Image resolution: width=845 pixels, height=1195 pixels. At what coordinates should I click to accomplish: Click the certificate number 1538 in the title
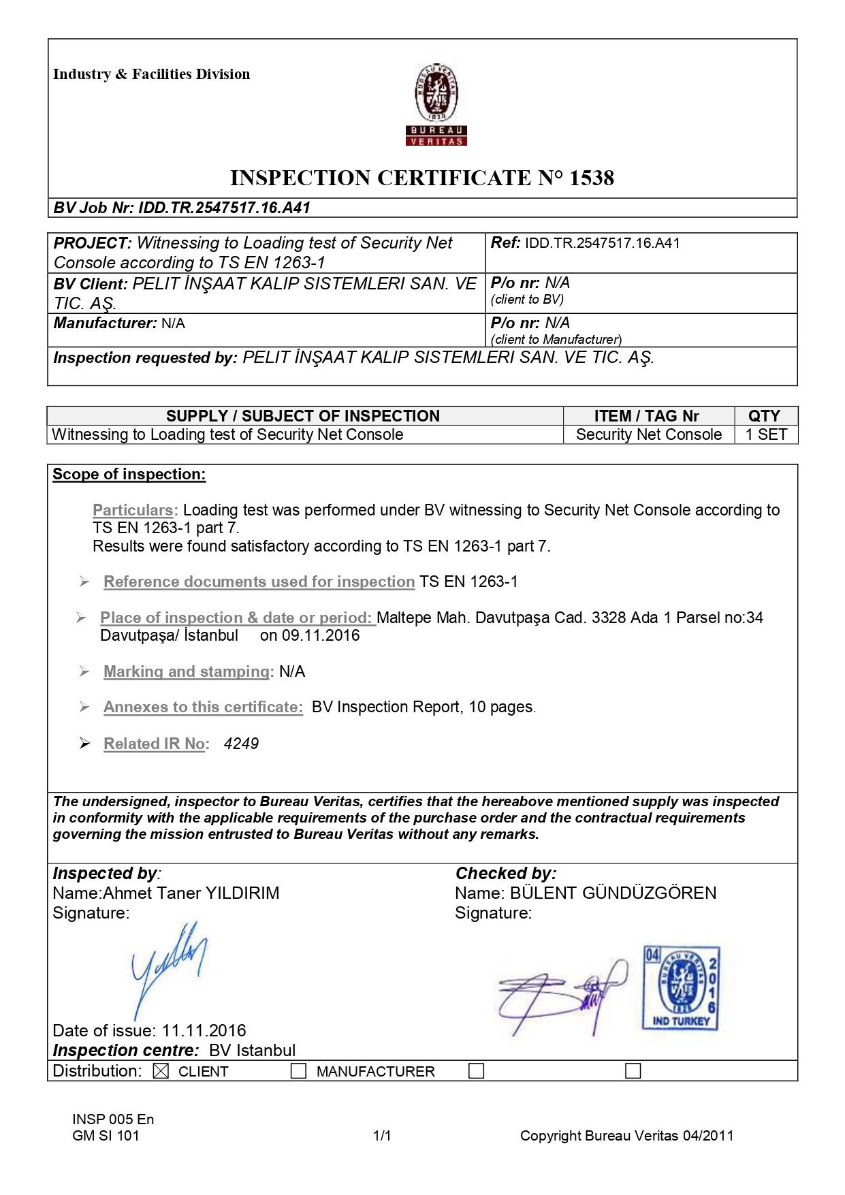click(x=591, y=178)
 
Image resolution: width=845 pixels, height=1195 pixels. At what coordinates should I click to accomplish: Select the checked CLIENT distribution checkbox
click(x=161, y=1071)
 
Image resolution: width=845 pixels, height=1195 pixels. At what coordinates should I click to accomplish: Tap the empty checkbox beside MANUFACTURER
click(x=298, y=1071)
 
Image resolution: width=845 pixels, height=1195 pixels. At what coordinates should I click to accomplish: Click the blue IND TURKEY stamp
click(x=680, y=988)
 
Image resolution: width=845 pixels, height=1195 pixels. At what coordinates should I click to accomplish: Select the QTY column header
click(x=764, y=416)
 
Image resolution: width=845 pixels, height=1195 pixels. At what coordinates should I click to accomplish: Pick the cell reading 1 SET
click(x=766, y=434)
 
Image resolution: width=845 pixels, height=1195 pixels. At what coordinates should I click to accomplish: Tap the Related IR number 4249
click(x=241, y=744)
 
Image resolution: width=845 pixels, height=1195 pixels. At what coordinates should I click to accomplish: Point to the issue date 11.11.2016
click(x=204, y=1031)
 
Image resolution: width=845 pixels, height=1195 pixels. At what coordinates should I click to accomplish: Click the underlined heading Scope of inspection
click(x=129, y=475)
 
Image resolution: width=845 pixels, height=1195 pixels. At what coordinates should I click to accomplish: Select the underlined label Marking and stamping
click(x=187, y=671)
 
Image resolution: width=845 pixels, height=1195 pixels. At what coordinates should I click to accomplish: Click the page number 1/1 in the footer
click(x=382, y=1136)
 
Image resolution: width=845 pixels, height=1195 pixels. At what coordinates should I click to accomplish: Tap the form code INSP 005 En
click(x=113, y=1119)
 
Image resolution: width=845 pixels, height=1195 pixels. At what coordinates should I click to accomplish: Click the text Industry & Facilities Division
click(x=151, y=74)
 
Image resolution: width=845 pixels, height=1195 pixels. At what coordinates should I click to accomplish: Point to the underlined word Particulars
click(x=133, y=510)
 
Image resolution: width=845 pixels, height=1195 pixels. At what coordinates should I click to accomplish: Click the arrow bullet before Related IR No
click(x=84, y=744)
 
